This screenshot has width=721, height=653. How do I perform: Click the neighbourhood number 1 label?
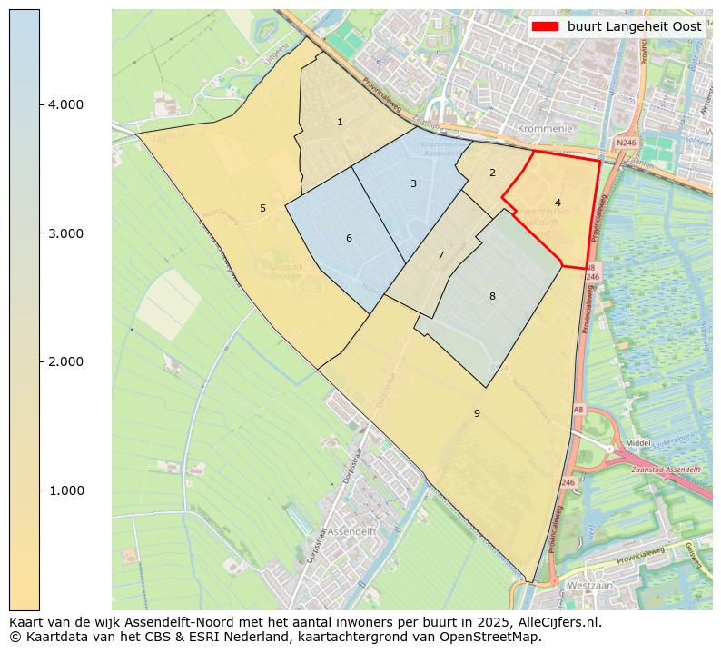pyautogui.click(x=340, y=122)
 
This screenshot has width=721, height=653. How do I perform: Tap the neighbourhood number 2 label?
pyautogui.click(x=492, y=173)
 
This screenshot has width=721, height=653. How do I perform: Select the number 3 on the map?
pyautogui.click(x=413, y=183)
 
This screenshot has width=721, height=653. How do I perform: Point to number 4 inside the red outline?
pyautogui.click(x=558, y=203)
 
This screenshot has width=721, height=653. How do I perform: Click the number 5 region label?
pyautogui.click(x=262, y=208)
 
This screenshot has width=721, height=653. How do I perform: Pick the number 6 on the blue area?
pyautogui.click(x=349, y=239)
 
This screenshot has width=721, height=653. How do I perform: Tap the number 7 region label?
pyautogui.click(x=440, y=255)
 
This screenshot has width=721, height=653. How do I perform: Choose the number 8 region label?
pyautogui.click(x=492, y=296)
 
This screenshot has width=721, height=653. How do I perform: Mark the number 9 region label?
pyautogui.click(x=477, y=413)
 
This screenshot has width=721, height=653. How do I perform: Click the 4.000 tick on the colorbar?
pyautogui.click(x=65, y=104)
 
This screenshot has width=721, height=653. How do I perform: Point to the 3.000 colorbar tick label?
pyautogui.click(x=65, y=233)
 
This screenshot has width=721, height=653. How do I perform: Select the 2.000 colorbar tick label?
pyautogui.click(x=65, y=361)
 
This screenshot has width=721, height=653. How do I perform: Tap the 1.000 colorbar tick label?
pyautogui.click(x=65, y=490)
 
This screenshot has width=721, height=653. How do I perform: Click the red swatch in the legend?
pyautogui.click(x=546, y=26)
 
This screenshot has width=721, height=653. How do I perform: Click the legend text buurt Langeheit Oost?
pyautogui.click(x=634, y=26)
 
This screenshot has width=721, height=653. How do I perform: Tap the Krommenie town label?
pyautogui.click(x=545, y=129)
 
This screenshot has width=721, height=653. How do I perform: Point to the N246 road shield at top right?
pyautogui.click(x=626, y=143)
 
